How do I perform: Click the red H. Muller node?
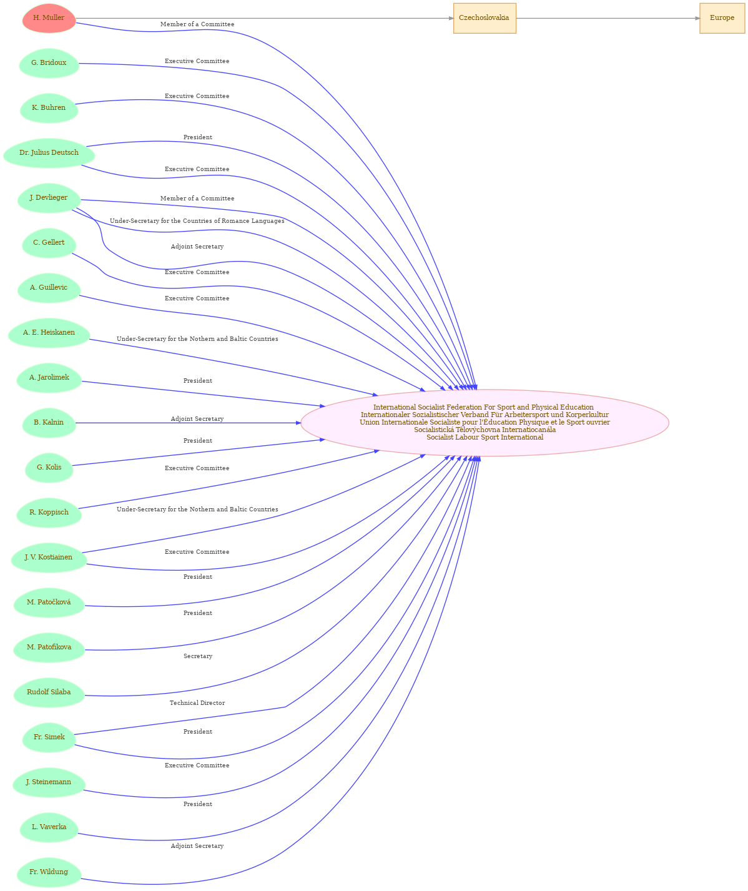pos(49,18)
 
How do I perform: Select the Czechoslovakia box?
pos(485,18)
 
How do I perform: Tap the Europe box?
pos(722,18)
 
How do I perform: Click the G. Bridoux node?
pos(49,62)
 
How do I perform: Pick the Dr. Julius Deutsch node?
pos(49,153)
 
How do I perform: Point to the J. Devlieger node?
pos(49,197)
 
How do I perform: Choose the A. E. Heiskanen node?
pos(49,332)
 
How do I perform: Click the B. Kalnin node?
pos(49,423)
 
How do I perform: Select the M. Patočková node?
pos(49,602)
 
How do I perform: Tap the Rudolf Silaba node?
pos(49,692)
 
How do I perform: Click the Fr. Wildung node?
pos(49,872)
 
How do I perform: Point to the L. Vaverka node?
pos(49,827)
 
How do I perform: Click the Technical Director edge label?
pos(197,703)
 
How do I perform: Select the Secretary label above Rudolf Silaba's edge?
pos(197,656)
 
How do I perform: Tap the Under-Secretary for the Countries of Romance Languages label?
pos(197,220)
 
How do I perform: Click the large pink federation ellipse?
pos(485,423)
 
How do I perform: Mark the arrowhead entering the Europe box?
pos(697,18)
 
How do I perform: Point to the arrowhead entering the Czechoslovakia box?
pos(451,18)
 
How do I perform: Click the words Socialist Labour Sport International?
pos(485,437)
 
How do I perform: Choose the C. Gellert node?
pos(49,242)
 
